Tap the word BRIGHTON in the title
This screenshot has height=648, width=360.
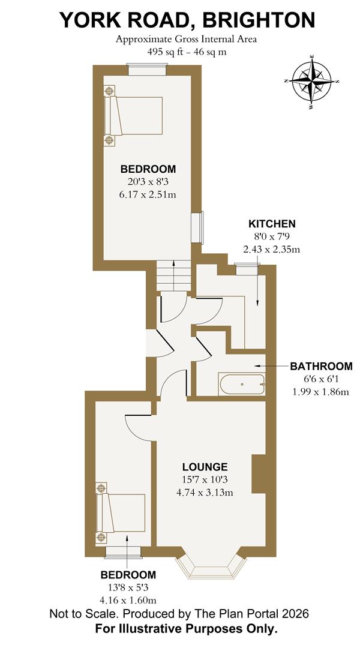click(259, 20)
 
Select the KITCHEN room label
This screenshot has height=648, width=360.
click(272, 224)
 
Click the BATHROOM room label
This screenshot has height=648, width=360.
click(321, 366)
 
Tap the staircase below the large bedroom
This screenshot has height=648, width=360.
click(173, 276)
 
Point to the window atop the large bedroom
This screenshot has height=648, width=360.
click(147, 70)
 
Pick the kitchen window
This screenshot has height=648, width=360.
click(245, 268)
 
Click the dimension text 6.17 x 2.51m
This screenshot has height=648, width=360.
click(148, 194)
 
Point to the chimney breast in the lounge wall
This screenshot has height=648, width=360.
click(259, 473)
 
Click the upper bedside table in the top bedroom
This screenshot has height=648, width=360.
click(109, 92)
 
